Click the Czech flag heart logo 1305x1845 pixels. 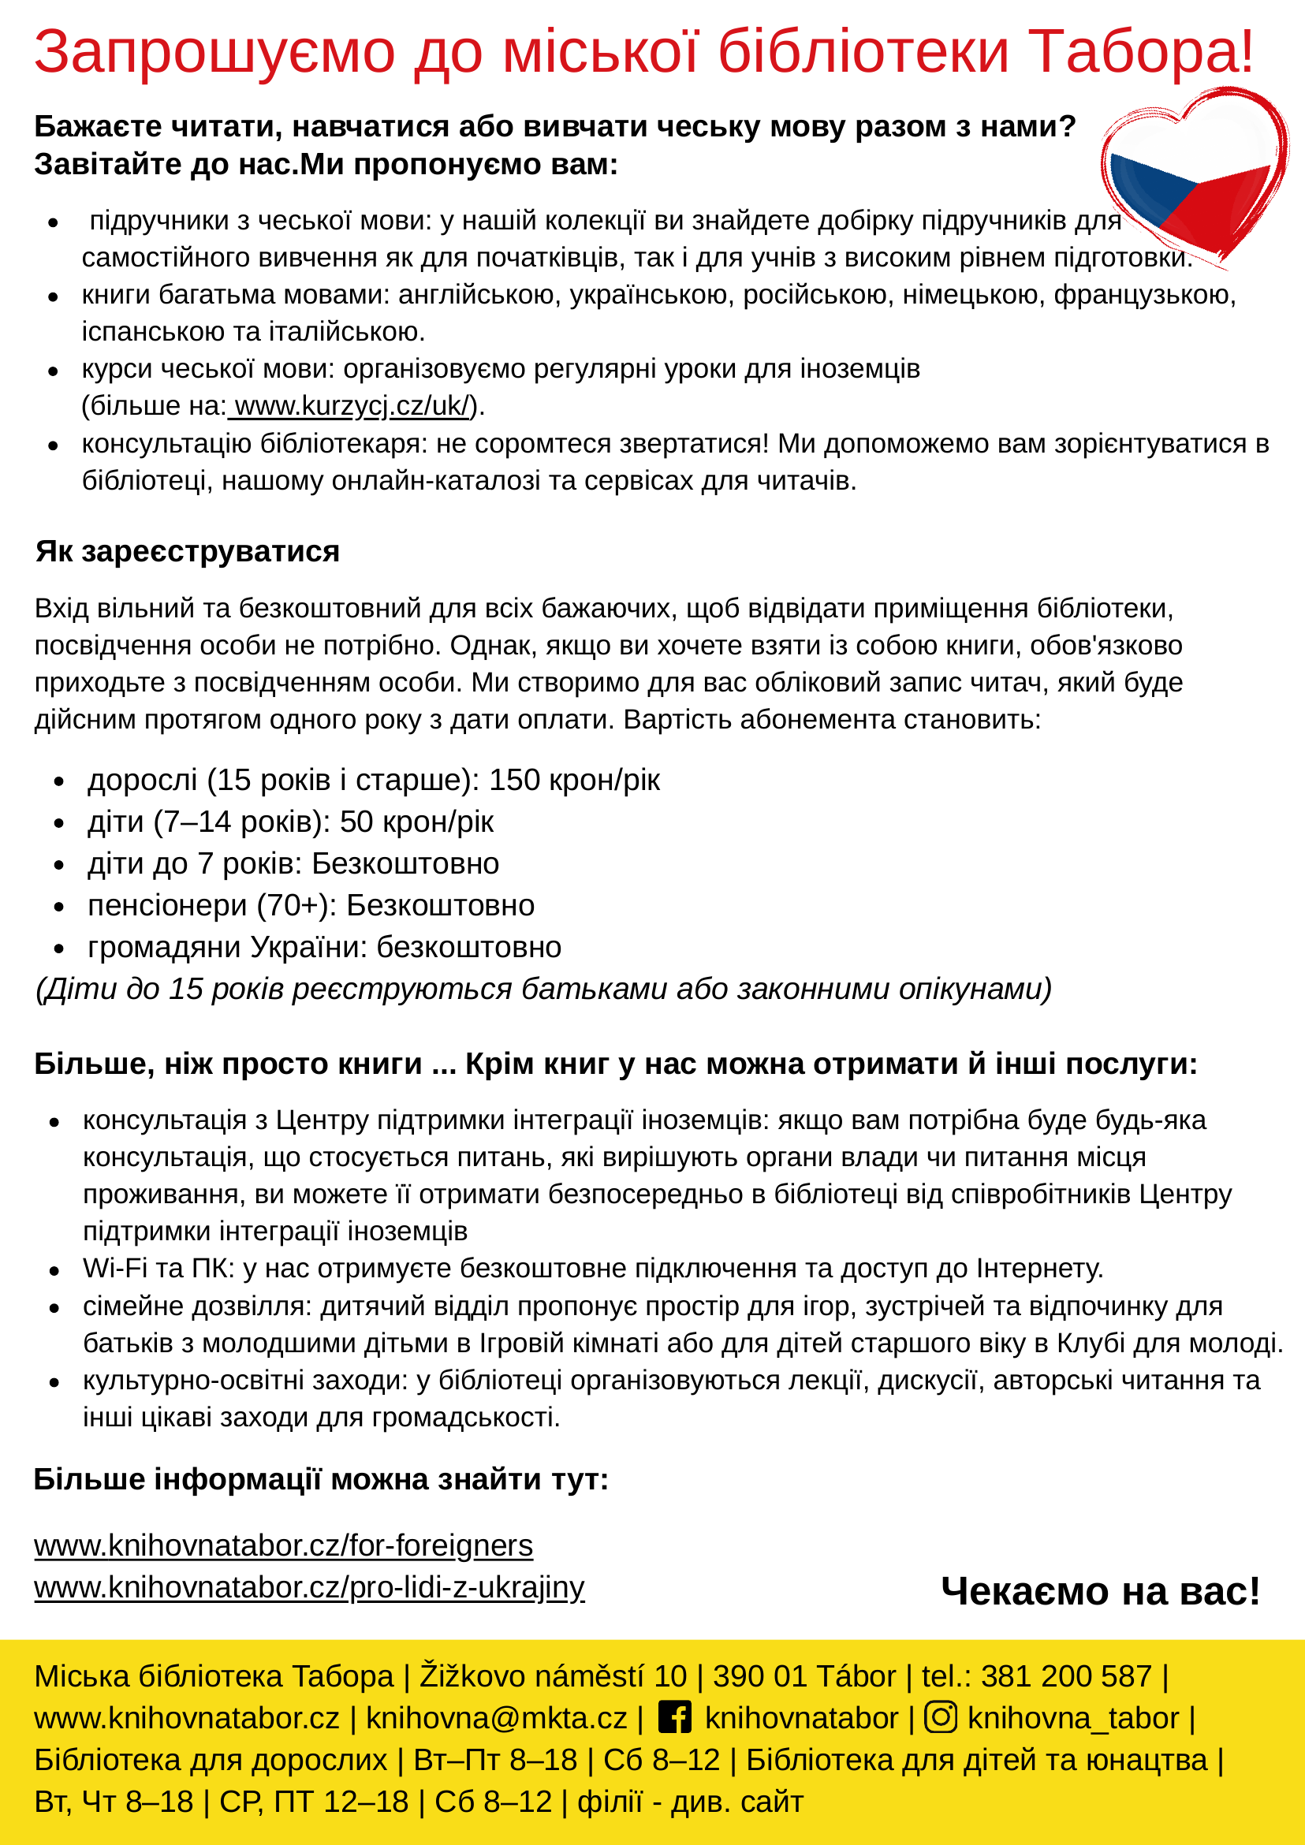coord(1191,178)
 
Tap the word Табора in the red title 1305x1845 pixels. coord(1140,52)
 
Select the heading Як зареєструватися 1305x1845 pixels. coord(187,551)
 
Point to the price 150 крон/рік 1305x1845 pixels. coord(575,780)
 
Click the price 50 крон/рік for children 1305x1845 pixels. coord(416,822)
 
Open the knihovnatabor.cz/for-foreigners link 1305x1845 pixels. coord(284,1545)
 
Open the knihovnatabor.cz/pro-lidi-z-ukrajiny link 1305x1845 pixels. coord(309,1587)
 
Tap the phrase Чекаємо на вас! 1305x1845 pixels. coord(1100,1591)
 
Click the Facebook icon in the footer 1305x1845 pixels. coord(674,1717)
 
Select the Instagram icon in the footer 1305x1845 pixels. coord(940,1717)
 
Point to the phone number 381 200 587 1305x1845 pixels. coord(1066,1676)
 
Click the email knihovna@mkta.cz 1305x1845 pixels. coord(496,1718)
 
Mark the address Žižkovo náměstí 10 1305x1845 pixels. coord(553,1676)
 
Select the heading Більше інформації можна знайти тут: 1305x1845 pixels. coord(322,1479)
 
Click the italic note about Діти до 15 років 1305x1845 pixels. coord(543,990)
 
